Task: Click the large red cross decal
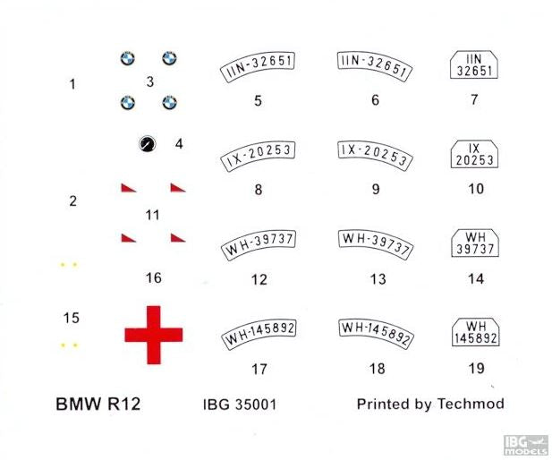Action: click(x=154, y=335)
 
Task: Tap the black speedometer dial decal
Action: click(x=147, y=144)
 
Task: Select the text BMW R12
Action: click(x=98, y=404)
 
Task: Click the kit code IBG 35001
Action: click(x=240, y=404)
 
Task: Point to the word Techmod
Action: click(x=471, y=404)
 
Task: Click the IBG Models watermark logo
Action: click(x=525, y=445)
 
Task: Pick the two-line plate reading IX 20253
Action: click(x=474, y=154)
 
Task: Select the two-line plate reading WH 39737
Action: click(x=475, y=243)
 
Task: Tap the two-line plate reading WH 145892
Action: click(x=476, y=332)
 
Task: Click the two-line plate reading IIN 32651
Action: click(x=474, y=64)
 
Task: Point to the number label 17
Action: click(x=259, y=369)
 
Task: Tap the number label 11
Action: click(x=152, y=215)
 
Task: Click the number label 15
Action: click(x=71, y=318)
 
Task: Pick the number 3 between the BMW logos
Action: click(x=150, y=81)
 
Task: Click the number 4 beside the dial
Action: click(x=179, y=144)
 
